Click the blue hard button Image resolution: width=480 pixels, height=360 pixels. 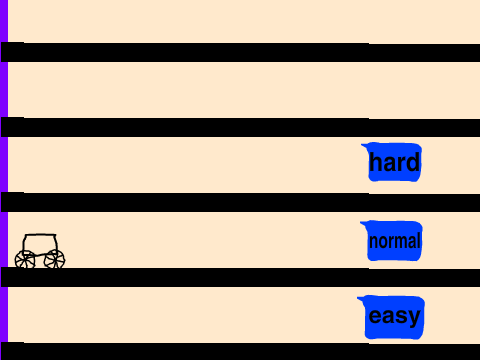click(393, 162)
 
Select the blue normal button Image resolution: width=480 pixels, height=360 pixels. click(393, 241)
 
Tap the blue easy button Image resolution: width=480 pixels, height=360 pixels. click(393, 317)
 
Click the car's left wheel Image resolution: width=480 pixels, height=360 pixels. click(25, 260)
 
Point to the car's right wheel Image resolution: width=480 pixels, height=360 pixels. click(54, 259)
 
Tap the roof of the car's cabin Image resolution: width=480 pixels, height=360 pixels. click(40, 235)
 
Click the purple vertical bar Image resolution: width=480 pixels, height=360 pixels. click(4, 180)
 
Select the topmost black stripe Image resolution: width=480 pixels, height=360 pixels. click(240, 52)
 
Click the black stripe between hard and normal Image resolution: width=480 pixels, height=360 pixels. click(240, 202)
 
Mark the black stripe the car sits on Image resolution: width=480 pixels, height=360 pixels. click(240, 277)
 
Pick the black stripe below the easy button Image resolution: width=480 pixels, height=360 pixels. click(240, 351)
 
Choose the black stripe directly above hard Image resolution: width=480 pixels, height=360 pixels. click(240, 127)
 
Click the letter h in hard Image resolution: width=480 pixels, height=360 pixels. click(375, 162)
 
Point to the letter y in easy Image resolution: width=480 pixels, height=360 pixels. click(413, 318)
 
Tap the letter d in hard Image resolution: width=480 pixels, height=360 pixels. click(413, 162)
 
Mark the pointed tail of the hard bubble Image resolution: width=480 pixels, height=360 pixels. click(362, 145)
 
